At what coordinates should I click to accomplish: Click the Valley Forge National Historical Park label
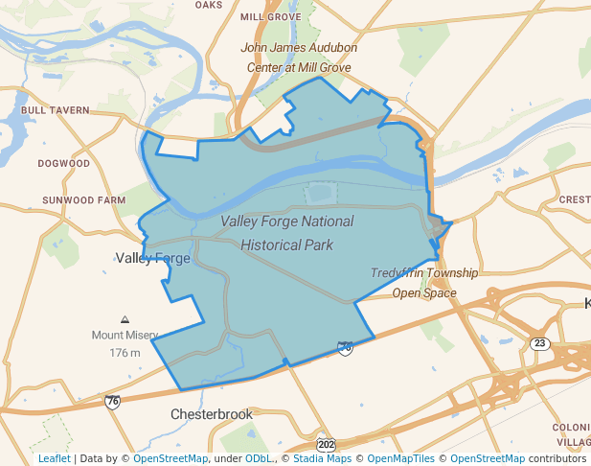[x=286, y=233]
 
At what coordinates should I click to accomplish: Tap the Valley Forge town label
[x=153, y=258]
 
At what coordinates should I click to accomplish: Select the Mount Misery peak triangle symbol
[x=125, y=319]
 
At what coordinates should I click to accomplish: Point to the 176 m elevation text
[x=125, y=353]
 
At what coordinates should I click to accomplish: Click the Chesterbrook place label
[x=212, y=414]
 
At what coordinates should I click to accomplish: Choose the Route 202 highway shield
[x=326, y=445]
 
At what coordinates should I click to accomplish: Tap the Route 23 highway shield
[x=541, y=343]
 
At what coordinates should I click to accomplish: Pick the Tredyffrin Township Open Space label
[x=424, y=283]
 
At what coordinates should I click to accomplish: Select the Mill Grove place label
[x=271, y=17]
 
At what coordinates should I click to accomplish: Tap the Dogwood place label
[x=64, y=164]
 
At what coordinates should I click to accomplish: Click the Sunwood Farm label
[x=84, y=200]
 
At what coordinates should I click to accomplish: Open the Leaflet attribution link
[x=55, y=458]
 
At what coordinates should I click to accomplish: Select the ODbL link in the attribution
[x=258, y=458]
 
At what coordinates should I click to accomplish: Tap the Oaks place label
[x=209, y=5]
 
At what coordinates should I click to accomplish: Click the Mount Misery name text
[x=125, y=336]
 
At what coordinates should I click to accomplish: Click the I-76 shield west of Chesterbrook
[x=113, y=401]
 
